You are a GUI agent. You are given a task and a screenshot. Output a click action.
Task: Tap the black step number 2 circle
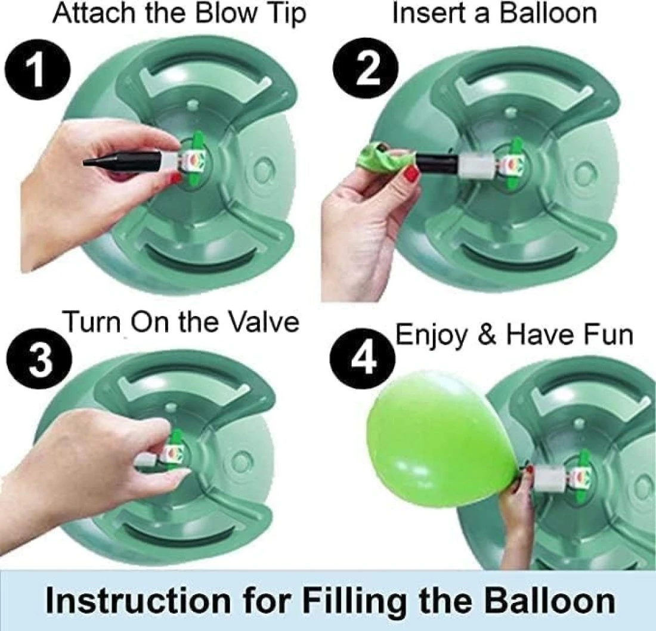(366, 67)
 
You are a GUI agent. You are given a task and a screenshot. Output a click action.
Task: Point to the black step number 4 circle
(363, 357)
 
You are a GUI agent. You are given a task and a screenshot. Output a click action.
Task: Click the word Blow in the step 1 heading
(227, 13)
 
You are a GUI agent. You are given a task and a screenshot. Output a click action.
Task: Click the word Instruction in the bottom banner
(138, 601)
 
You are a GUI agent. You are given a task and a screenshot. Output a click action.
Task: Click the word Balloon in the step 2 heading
(549, 13)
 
